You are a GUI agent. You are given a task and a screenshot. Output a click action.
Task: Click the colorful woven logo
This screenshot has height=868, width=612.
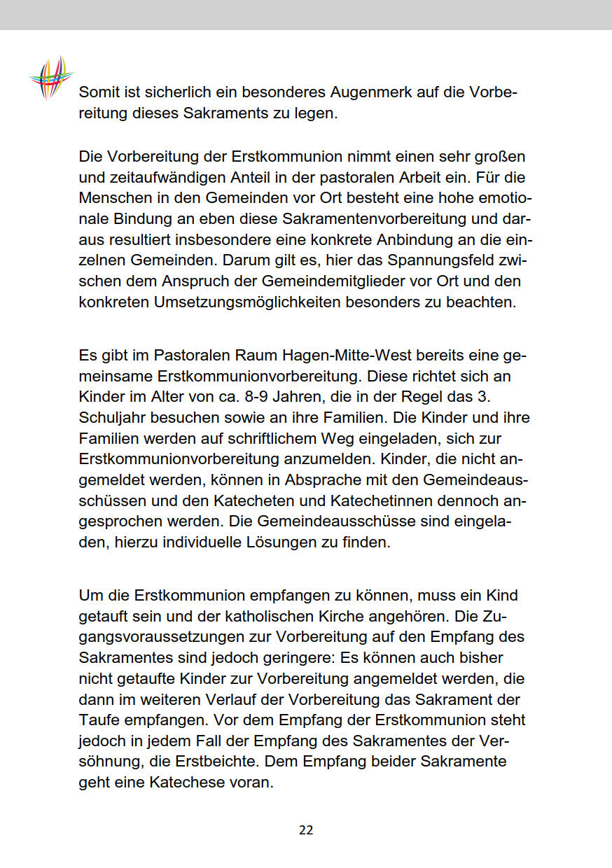(52, 77)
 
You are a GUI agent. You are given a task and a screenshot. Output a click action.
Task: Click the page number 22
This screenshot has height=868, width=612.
(306, 830)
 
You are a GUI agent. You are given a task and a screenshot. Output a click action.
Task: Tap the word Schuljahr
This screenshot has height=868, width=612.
(115, 417)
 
